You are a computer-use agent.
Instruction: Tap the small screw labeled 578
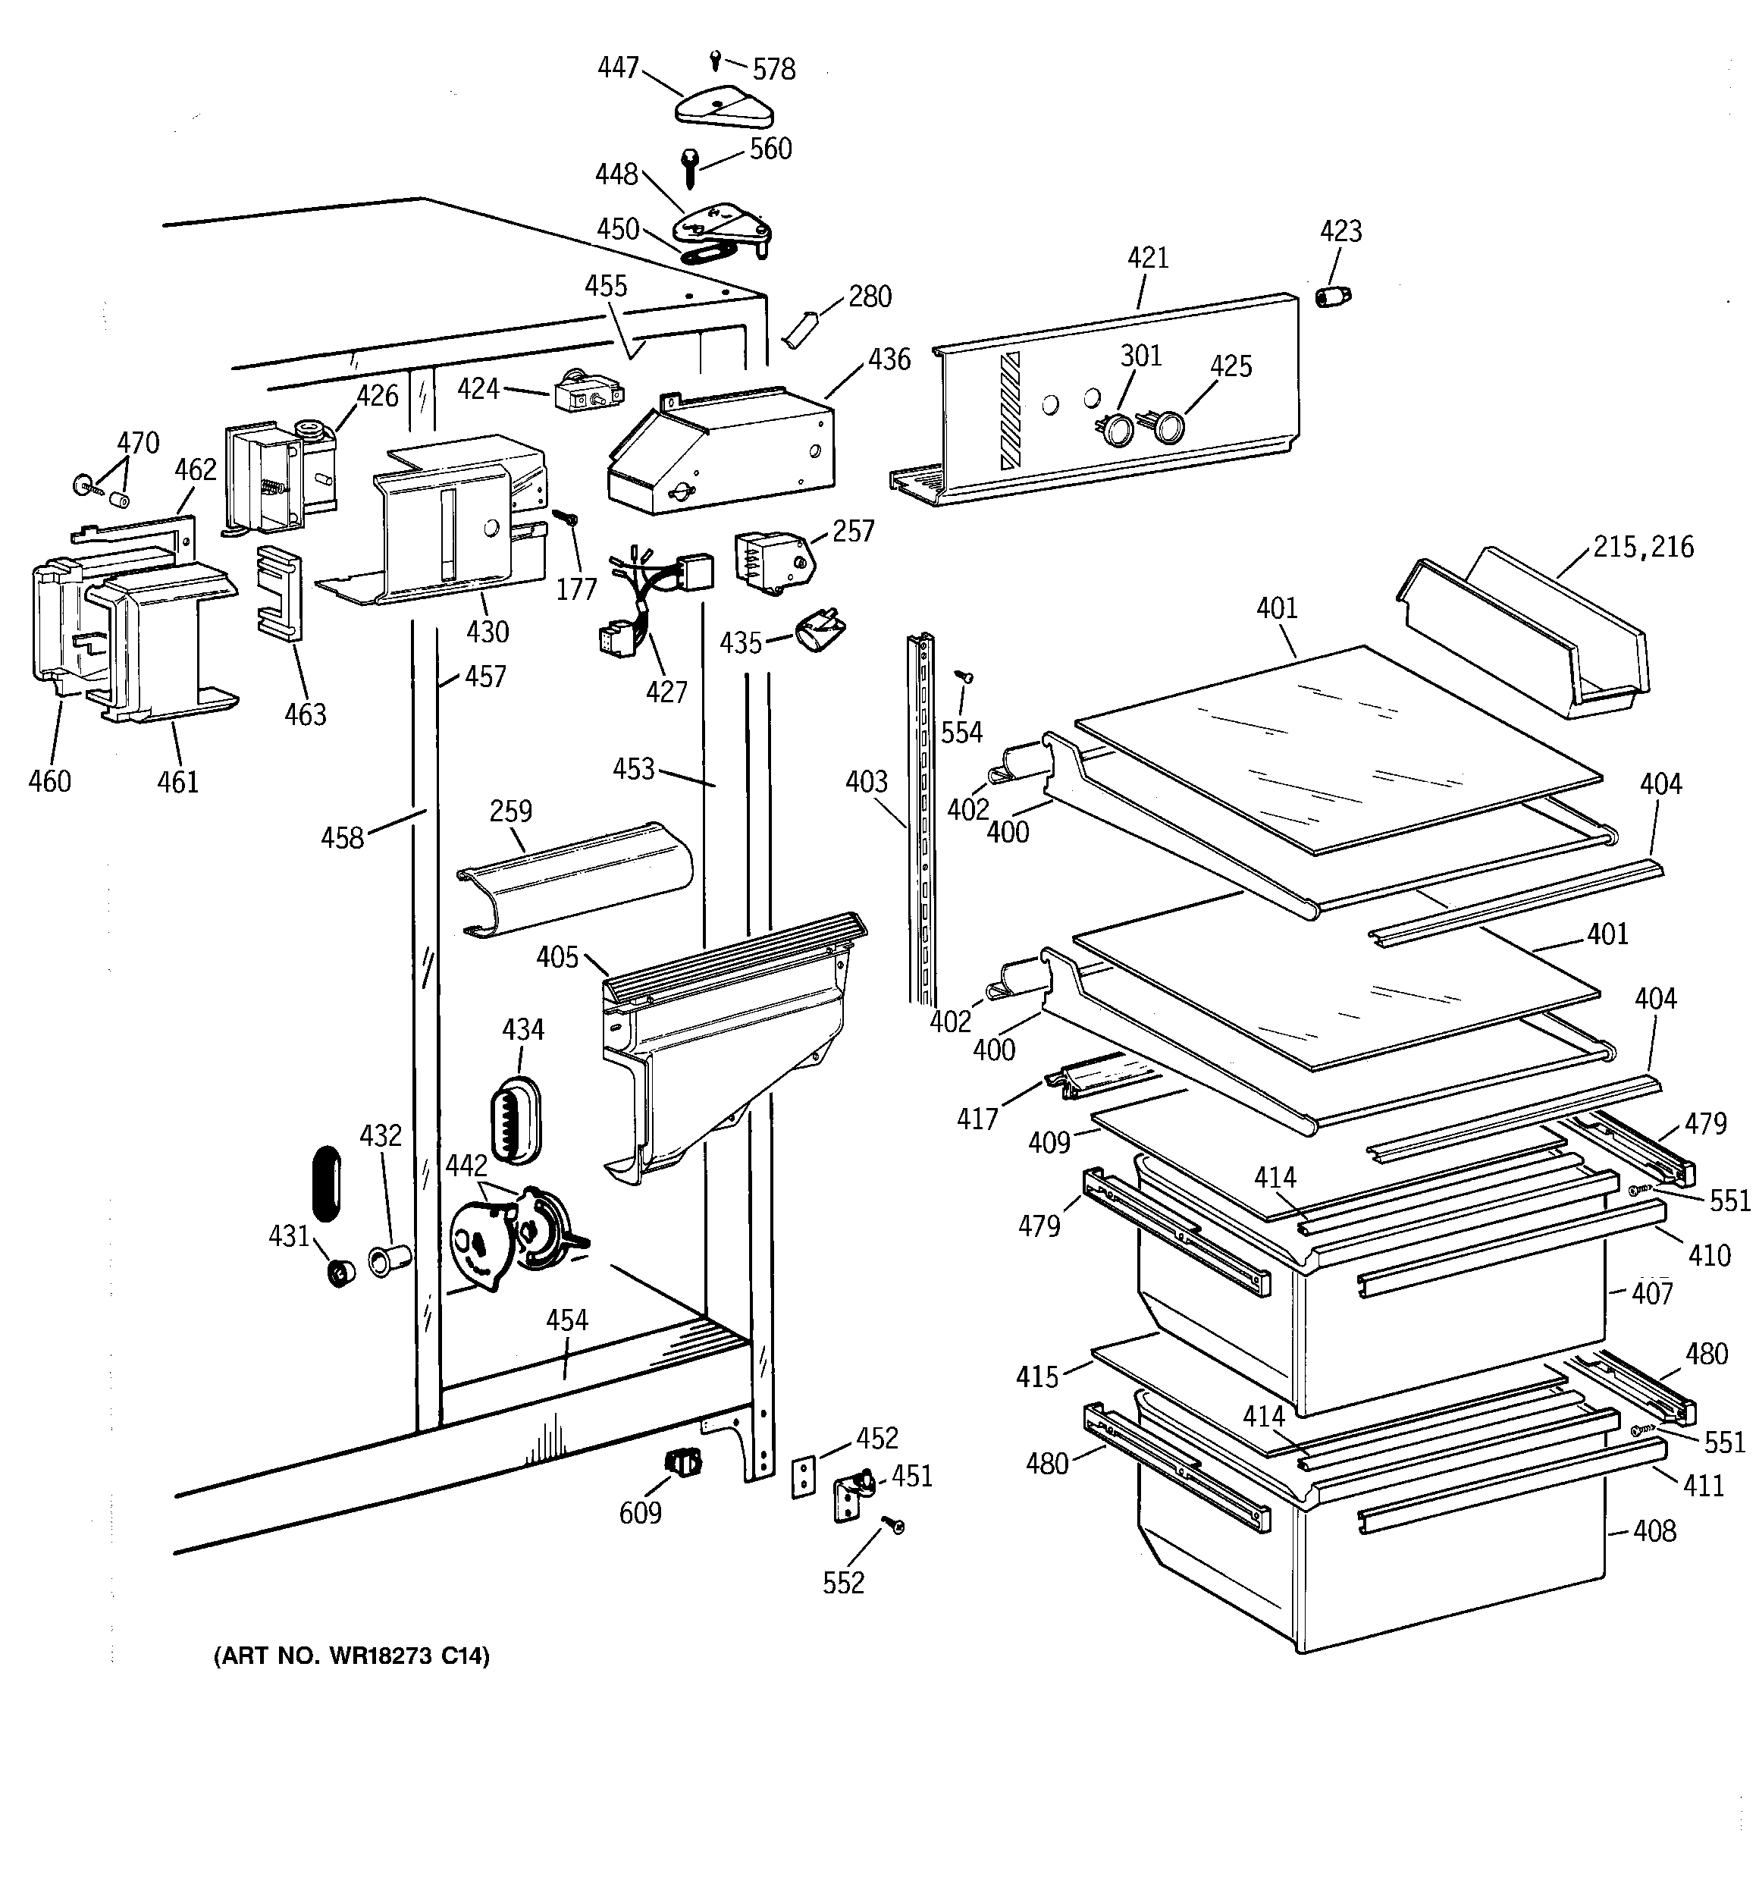click(x=716, y=59)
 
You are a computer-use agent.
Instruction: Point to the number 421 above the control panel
click(x=1147, y=258)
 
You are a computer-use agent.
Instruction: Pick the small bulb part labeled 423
click(x=1332, y=297)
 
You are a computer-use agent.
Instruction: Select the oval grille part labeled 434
click(x=516, y=1117)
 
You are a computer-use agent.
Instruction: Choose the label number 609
click(x=639, y=1512)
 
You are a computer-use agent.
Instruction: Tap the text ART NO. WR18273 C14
click(x=352, y=1656)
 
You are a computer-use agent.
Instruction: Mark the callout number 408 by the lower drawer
click(x=1654, y=1530)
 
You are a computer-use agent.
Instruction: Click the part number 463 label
click(x=305, y=714)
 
